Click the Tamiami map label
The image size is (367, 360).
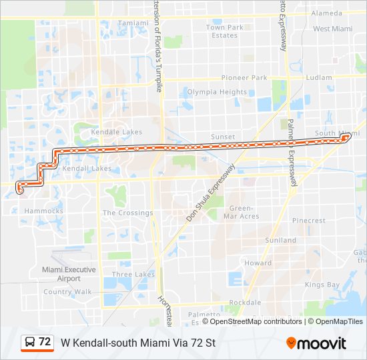[133, 23]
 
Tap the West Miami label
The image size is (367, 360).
[332, 29]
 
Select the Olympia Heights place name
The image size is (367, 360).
[217, 92]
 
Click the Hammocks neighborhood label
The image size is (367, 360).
[43, 211]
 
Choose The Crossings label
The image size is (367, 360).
[127, 213]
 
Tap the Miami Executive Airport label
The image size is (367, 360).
[69, 274]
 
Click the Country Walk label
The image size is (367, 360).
[67, 291]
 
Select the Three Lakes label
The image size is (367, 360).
[133, 274]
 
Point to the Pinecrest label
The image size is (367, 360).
[308, 220]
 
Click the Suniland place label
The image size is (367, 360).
[280, 240]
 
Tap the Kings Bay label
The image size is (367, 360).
[322, 285]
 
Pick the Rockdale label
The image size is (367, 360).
[245, 302]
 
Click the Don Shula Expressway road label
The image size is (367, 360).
[212, 193]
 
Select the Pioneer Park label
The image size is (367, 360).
[244, 77]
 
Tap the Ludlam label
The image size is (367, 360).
[319, 77]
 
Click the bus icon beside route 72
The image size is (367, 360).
[30, 343]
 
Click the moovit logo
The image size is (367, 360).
[316, 343]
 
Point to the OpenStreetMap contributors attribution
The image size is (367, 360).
[256, 321]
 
